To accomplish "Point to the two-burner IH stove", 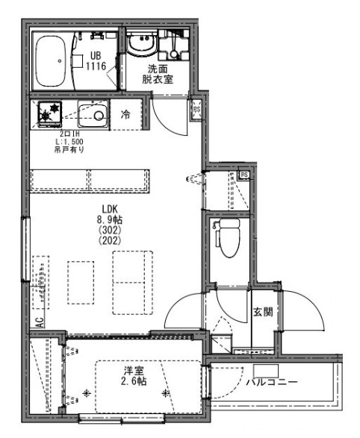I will coord(50,115).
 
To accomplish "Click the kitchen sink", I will coord(96,115).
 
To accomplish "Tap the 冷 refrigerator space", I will coord(125,115).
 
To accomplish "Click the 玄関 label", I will coord(262,312).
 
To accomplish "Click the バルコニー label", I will coord(272,383).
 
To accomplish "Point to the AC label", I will coord(38,322).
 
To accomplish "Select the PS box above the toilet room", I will coord(243,176).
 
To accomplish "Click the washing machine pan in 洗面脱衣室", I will coord(173,46).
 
